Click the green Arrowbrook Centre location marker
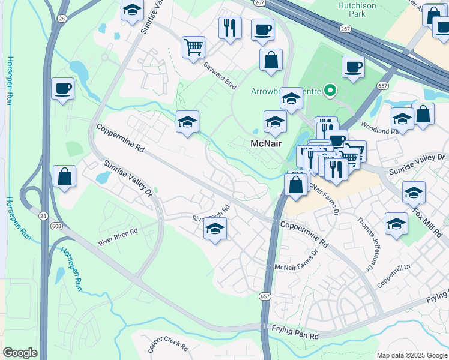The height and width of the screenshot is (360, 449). [330, 91]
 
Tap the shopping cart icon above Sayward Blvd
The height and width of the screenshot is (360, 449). [193, 47]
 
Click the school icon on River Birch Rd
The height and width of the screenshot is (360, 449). [215, 229]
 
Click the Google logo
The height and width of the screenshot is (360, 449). [20, 353]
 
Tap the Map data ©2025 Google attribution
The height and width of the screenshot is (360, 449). [411, 355]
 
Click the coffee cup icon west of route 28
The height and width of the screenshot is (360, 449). [63, 89]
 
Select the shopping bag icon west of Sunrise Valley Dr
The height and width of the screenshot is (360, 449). [64, 177]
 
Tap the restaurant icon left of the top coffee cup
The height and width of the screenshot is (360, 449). [230, 27]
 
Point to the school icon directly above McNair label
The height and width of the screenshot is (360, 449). [275, 122]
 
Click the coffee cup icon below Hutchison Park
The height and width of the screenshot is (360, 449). [353, 67]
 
